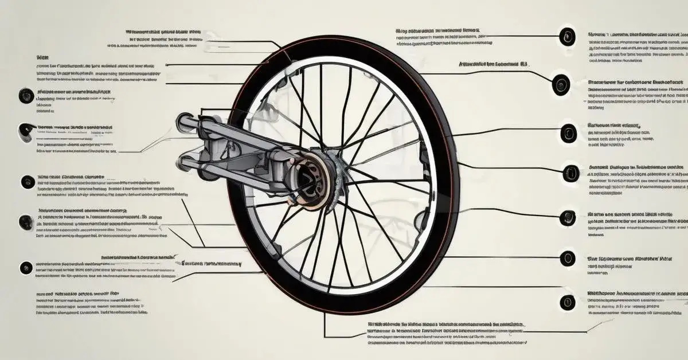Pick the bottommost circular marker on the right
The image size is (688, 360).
coord(568,301)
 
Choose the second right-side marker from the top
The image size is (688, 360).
coord(561,85)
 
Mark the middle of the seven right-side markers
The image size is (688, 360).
coord(570,172)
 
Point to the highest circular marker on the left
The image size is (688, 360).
coord(26,96)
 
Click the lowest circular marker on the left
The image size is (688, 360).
coord(26,267)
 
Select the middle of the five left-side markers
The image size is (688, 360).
coord(28,182)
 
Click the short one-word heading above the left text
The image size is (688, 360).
coord(42,58)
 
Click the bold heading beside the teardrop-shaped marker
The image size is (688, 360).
coord(75,127)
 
